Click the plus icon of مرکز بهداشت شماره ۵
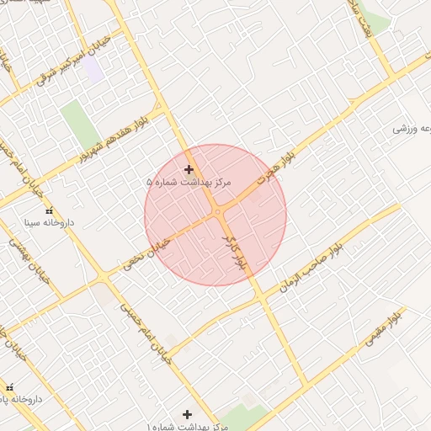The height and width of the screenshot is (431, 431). (x=189, y=169)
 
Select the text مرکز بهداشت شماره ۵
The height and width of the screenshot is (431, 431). (x=189, y=182)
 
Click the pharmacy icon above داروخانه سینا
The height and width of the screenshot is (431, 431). (x=48, y=210)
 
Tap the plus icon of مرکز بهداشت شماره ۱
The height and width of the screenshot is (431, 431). (x=187, y=414)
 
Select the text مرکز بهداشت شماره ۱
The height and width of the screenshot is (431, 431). (x=187, y=426)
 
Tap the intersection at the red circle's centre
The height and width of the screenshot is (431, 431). (x=217, y=213)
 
